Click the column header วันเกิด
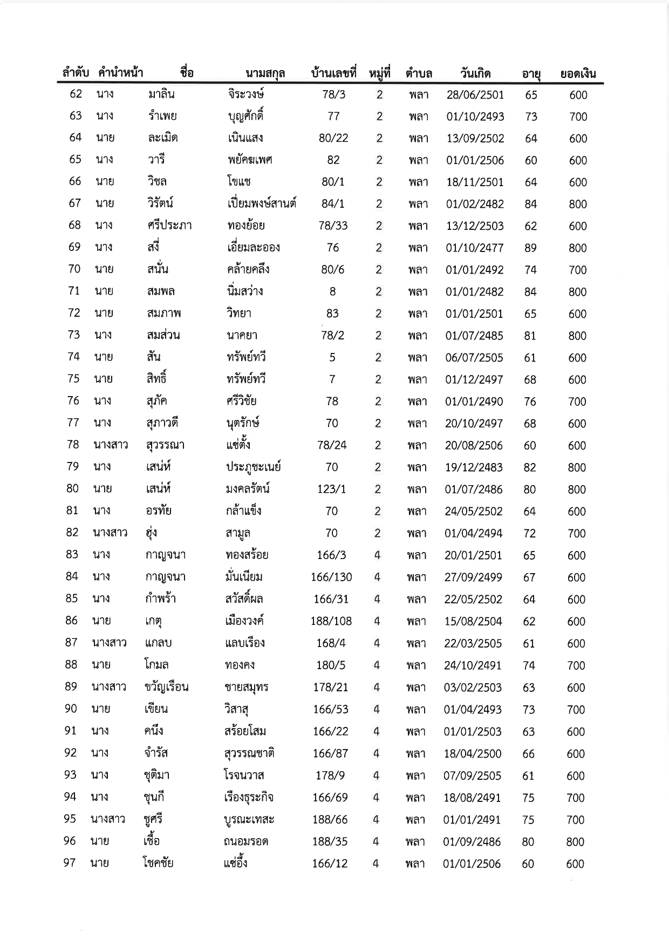(475, 73)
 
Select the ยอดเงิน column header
(578, 74)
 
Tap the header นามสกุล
(265, 73)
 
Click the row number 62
(76, 94)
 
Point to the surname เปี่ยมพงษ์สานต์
(262, 204)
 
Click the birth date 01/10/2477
(474, 248)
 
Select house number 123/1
(332, 489)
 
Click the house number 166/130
(331, 577)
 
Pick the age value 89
(530, 248)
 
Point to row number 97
(70, 862)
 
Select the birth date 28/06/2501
(475, 95)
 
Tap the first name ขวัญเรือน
(166, 687)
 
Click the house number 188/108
(331, 621)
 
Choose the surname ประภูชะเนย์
(253, 467)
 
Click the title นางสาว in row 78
(111, 445)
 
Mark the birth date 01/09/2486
(472, 841)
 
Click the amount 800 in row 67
(578, 204)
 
